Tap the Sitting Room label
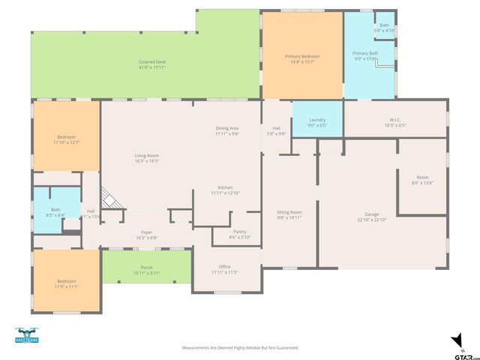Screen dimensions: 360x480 289,214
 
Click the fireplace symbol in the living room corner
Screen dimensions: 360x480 111,199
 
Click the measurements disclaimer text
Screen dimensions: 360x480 240,348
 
